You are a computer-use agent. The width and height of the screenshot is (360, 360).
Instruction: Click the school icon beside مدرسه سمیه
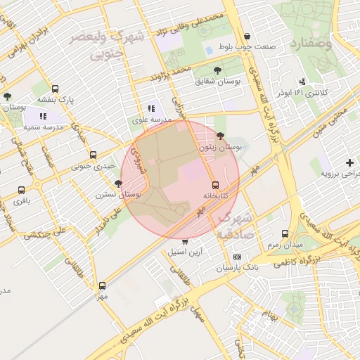[43, 117]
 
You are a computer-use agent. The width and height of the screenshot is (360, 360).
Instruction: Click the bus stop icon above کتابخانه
[215, 185]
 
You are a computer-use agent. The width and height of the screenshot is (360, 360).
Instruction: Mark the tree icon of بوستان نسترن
[117, 183]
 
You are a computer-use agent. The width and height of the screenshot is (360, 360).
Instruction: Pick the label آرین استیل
[185, 251]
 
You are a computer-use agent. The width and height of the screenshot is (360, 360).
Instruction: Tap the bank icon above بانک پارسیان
[237, 257]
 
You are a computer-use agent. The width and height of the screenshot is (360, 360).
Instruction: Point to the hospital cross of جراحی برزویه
[349, 162]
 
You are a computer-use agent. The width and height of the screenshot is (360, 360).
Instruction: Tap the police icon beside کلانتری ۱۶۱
[302, 82]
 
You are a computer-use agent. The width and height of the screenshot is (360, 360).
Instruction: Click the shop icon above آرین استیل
[185, 241]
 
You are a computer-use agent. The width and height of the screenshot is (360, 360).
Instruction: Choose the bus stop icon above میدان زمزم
[285, 233]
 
